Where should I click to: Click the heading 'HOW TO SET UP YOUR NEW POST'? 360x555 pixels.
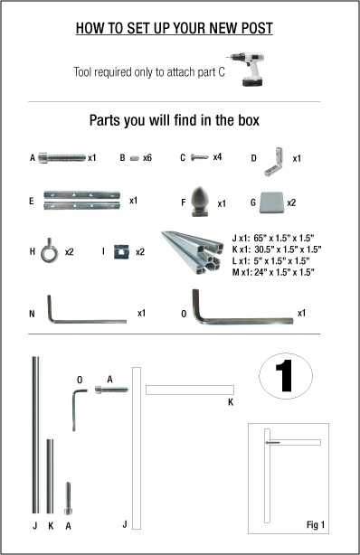(174, 29)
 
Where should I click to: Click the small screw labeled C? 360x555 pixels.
(199, 157)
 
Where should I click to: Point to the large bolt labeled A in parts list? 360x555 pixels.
(59, 157)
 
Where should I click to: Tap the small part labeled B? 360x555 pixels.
(134, 157)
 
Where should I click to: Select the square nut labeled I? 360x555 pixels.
(118, 252)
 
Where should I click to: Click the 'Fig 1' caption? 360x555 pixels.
(315, 525)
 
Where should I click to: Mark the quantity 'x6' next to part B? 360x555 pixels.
(147, 157)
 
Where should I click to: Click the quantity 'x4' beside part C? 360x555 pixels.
(217, 157)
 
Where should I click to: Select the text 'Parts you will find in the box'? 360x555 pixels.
(174, 120)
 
